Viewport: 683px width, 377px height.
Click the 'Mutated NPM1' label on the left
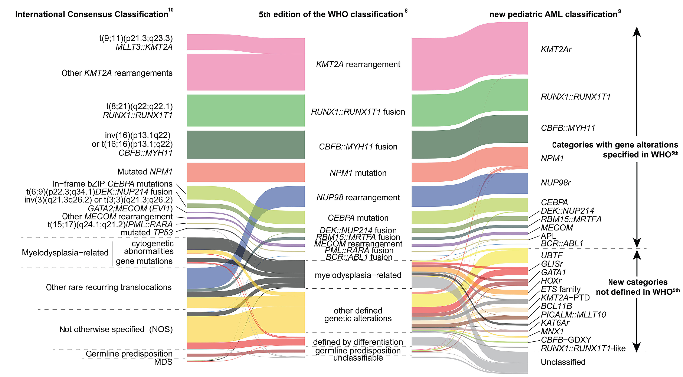[145, 172]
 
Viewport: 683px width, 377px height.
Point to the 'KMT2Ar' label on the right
[556, 49]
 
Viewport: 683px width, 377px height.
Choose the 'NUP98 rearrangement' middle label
[358, 197]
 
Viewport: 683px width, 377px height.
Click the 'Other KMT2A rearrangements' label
[117, 73]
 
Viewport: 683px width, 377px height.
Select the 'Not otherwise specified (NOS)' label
[116, 329]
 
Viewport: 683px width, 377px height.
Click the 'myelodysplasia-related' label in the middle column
[358, 275]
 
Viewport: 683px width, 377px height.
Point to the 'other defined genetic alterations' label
[358, 314]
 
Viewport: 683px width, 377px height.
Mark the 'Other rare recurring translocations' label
[109, 287]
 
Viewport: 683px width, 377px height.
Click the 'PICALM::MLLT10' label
[573, 314]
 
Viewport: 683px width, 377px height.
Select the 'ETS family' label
[560, 289]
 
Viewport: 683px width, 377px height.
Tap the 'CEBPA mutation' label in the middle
[358, 218]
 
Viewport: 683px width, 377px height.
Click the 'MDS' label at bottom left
[163, 362]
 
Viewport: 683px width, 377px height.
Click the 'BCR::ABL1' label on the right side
[562, 243]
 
